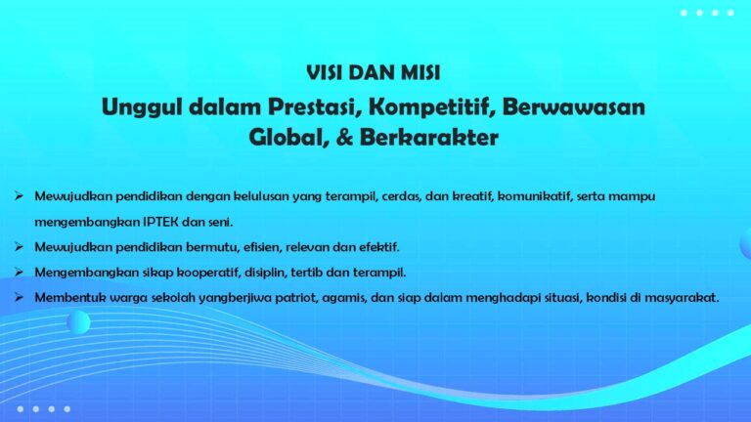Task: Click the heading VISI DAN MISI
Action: (x=374, y=72)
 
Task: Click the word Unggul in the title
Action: (x=141, y=108)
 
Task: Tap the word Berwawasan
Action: (x=573, y=106)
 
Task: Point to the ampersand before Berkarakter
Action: (x=344, y=138)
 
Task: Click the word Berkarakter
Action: (x=428, y=138)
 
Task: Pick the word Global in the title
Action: (x=288, y=138)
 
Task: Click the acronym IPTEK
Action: (x=160, y=222)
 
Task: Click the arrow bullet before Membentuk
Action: (x=19, y=298)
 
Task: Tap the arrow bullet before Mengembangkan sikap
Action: (x=19, y=273)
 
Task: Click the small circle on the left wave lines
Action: (x=78, y=322)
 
